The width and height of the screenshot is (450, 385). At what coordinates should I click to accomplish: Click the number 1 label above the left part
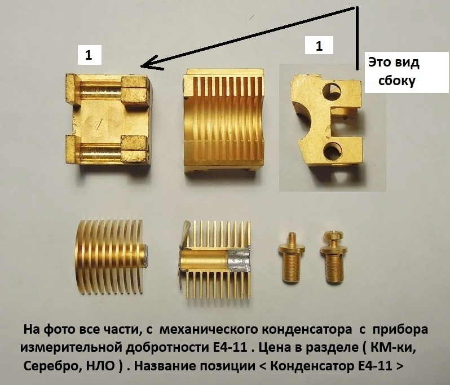click(89, 55)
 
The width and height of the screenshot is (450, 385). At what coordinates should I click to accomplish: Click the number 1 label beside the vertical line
click(319, 45)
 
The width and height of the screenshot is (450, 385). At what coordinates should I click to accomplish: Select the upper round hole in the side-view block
click(332, 92)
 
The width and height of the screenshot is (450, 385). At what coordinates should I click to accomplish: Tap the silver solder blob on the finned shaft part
click(239, 261)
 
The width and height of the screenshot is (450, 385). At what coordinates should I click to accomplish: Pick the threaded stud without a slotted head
click(292, 258)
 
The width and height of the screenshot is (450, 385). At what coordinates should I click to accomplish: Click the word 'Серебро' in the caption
click(50, 366)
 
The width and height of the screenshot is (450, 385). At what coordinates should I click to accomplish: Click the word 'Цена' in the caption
click(272, 348)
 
